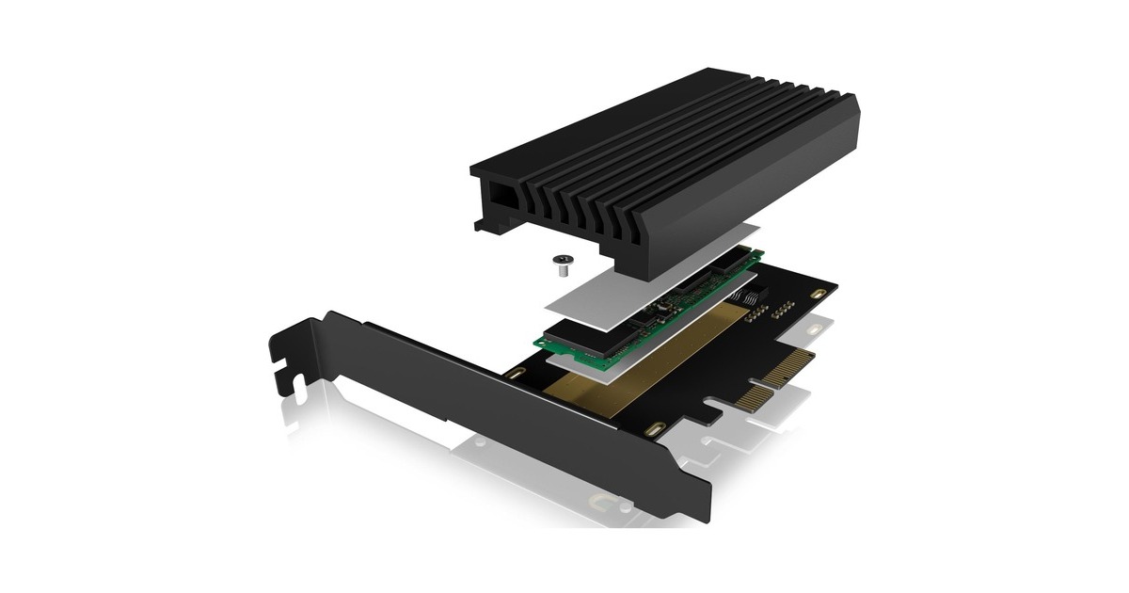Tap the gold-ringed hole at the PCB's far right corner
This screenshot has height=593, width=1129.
coord(818,295)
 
